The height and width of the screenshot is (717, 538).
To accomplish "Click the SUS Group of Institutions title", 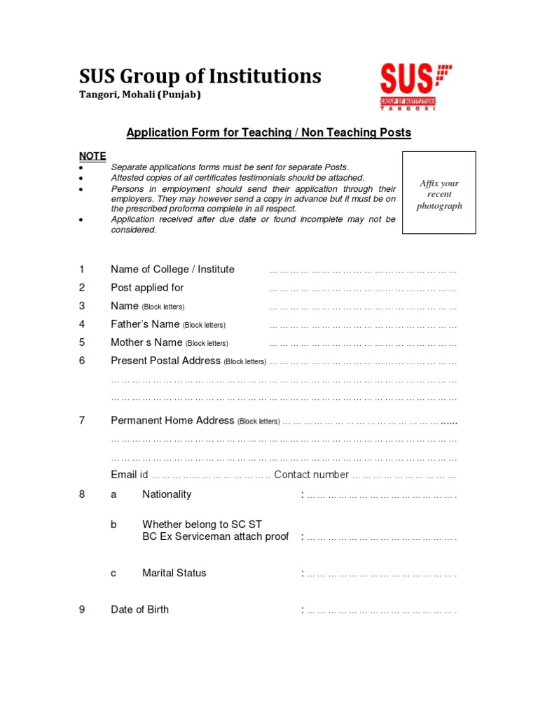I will [200, 76].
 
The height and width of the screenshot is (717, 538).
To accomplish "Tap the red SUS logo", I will [416, 85].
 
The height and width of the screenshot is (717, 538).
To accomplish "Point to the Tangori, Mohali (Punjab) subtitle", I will [139, 95].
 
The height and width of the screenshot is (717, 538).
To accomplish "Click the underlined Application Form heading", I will [268, 132].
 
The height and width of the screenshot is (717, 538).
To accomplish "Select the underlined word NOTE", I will [92, 155].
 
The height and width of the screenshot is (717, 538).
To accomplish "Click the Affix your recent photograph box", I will [439, 193].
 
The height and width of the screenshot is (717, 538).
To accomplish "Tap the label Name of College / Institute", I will [172, 270].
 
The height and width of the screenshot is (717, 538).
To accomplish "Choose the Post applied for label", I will [147, 288].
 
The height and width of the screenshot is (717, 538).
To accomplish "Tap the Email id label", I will [129, 475].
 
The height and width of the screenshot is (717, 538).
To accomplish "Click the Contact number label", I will [311, 475].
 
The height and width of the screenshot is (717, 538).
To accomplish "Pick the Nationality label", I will [167, 494].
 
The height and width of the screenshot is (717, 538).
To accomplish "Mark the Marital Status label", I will [174, 573].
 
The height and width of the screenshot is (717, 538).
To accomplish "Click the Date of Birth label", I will [139, 609].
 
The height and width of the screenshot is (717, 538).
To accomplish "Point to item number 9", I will [82, 609].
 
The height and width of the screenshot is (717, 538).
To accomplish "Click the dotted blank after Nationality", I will [380, 495].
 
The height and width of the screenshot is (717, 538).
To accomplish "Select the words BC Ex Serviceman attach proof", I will [215, 537].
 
